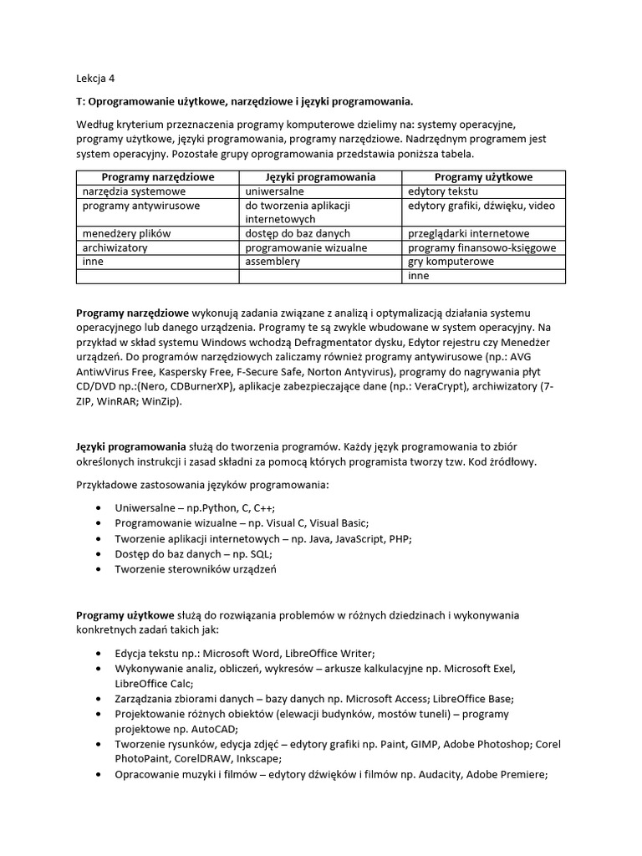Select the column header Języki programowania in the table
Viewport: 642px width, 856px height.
click(320, 177)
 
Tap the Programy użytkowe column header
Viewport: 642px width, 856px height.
click(483, 177)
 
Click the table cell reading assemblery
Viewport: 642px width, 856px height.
click(273, 262)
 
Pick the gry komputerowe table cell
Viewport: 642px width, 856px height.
click(451, 262)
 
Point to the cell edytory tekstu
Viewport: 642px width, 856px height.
click(443, 191)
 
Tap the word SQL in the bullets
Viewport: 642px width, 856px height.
click(258, 553)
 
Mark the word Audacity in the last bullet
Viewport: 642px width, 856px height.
click(434, 774)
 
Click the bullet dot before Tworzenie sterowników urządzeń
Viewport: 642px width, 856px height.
click(101, 568)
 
